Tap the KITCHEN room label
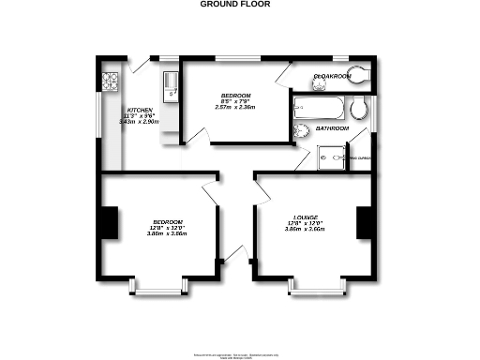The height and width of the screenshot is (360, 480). [x=127, y=110]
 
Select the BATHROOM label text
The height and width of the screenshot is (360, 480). [x=331, y=127]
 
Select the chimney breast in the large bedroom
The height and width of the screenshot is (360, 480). [x=110, y=222]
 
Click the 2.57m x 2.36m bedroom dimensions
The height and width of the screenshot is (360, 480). [x=235, y=108]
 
